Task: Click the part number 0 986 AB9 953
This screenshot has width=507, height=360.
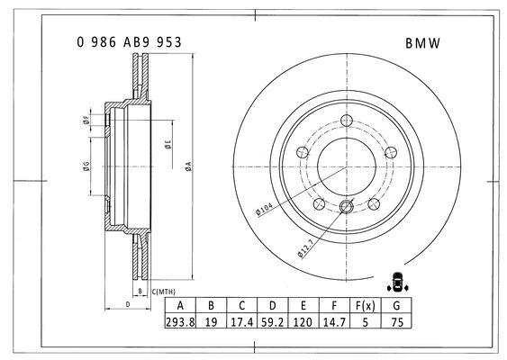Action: (130, 42)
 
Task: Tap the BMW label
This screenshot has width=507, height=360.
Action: (423, 43)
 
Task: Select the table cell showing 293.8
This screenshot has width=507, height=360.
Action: (180, 321)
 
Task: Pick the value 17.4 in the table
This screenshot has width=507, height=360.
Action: (242, 321)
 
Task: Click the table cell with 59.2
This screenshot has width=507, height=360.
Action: (272, 321)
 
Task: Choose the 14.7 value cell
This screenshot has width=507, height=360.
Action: (334, 321)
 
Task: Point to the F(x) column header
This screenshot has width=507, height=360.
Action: (366, 305)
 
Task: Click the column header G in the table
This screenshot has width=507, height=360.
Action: (396, 305)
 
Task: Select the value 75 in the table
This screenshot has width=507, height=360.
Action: (396, 321)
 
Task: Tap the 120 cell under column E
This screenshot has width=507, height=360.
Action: (303, 321)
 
